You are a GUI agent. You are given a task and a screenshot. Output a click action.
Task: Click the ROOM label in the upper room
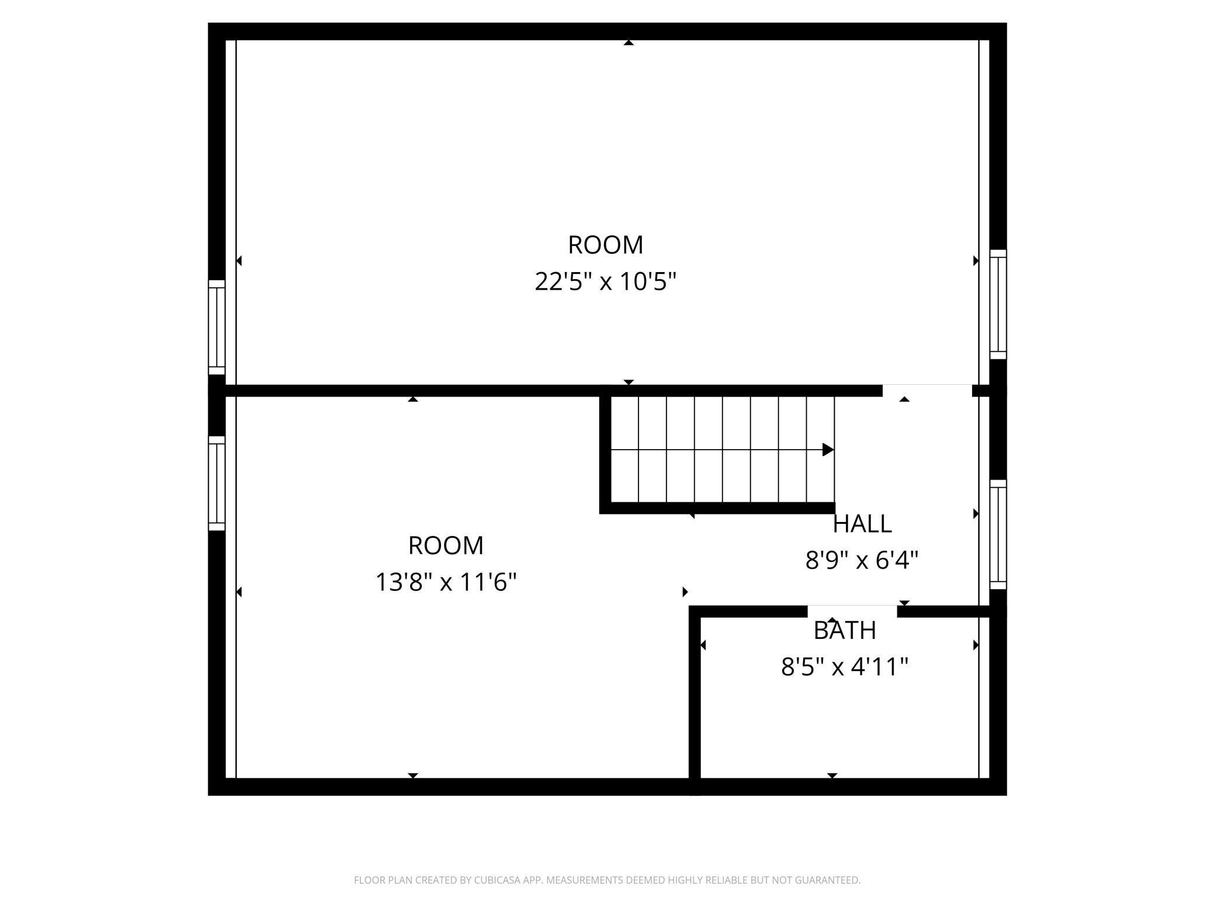coord(606,245)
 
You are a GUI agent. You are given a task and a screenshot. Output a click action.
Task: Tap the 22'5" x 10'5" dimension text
coord(606,281)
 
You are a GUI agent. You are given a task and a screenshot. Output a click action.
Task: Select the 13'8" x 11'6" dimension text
coord(446,582)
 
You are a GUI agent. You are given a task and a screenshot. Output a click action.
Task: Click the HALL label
coord(862,524)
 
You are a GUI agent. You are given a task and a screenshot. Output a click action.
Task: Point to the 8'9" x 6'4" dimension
coord(862,561)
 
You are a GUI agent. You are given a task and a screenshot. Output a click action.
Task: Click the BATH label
coord(845,630)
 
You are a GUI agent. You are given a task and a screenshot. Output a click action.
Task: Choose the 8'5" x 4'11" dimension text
coord(845,667)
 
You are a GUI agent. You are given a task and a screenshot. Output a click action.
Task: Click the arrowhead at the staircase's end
coord(828,450)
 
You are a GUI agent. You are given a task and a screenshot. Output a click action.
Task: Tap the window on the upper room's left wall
coord(217,327)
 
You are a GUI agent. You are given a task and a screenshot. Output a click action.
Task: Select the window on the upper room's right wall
coord(998,304)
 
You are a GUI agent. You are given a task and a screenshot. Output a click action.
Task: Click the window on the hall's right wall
coord(998,534)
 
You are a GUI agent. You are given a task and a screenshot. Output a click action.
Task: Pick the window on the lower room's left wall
coord(217,484)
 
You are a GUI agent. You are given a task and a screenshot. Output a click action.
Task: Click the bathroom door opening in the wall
coord(852,611)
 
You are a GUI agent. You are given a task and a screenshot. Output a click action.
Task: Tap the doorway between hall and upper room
coord(927,391)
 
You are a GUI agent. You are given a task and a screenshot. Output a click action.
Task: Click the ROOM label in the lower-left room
coord(446,545)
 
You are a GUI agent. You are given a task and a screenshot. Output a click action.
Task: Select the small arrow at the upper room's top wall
coord(629,43)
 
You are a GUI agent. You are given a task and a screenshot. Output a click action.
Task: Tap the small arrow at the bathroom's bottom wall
coord(832,776)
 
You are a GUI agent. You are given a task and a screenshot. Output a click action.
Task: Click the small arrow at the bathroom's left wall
coord(703,645)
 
